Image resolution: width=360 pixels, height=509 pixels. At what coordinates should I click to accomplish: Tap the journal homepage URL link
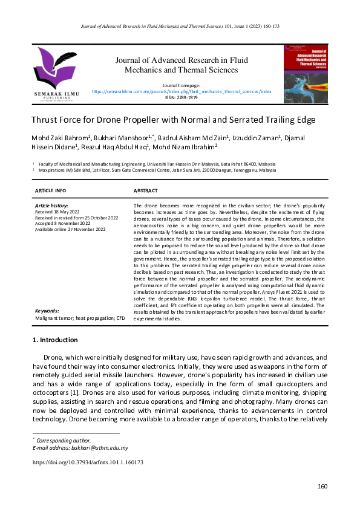click(182, 91)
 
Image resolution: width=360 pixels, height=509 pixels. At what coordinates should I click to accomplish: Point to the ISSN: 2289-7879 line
click(182, 97)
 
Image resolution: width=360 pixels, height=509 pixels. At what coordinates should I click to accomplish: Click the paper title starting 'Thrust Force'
click(173, 120)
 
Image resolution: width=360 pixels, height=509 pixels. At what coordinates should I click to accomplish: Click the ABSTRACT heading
click(146, 190)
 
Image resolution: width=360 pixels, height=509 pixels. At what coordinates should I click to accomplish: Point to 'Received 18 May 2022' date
click(57, 212)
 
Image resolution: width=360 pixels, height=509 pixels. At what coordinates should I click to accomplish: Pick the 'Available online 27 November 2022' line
click(70, 229)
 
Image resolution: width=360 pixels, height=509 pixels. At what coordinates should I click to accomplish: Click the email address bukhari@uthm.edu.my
click(99, 448)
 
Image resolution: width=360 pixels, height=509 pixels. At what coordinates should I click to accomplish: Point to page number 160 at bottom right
click(322, 487)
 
